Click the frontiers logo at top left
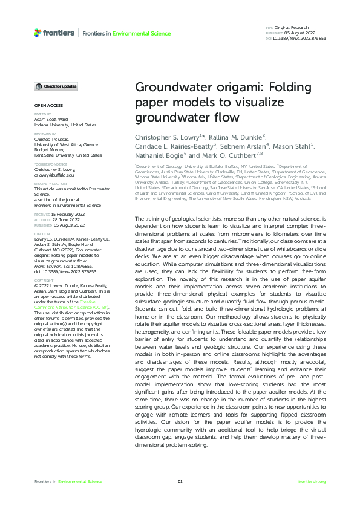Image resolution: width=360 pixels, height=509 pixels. point(56,33)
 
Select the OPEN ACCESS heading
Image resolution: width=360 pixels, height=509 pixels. point(45,105)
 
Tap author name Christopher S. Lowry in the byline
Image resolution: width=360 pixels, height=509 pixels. point(167,137)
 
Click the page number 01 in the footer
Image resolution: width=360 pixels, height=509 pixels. point(180,481)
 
